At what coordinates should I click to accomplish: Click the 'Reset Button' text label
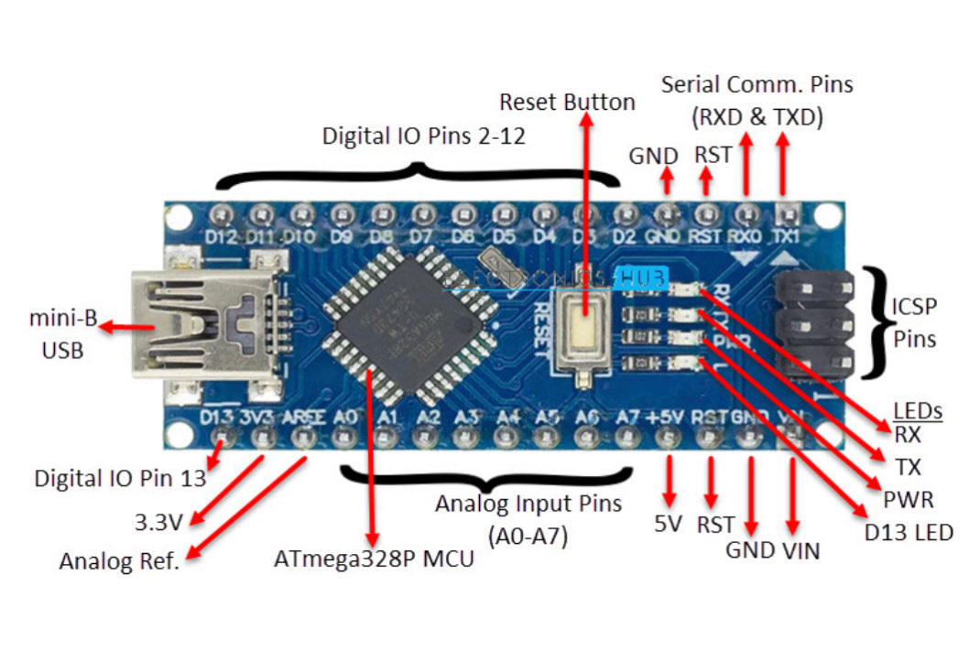[568, 102]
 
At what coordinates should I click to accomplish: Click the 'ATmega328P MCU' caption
[375, 558]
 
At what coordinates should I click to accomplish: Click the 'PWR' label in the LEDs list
[909, 500]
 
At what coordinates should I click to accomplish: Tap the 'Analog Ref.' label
[119, 561]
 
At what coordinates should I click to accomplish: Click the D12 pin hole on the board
[220, 216]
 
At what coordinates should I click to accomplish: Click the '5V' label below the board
[668, 525]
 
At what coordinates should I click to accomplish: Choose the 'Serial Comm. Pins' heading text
[757, 85]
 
